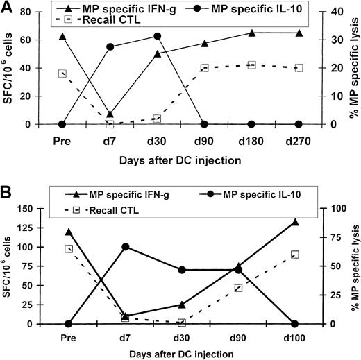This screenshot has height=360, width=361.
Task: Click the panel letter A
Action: point(8,8)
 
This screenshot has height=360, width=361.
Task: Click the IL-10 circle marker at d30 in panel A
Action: point(157,36)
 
